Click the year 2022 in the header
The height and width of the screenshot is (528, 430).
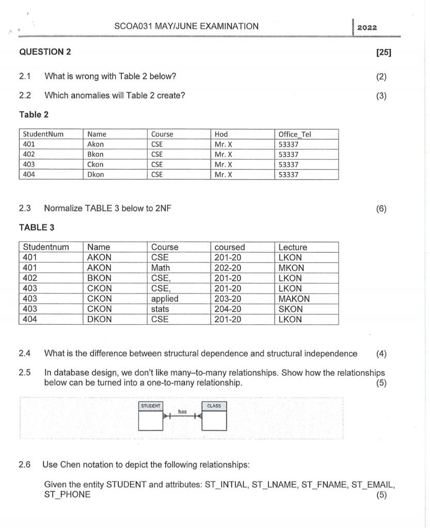click(367, 27)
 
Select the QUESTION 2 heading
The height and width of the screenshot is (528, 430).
click(45, 52)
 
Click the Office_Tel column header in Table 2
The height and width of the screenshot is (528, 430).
click(295, 134)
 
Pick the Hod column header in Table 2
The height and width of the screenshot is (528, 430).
click(221, 134)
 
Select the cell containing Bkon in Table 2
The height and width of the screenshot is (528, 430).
click(95, 154)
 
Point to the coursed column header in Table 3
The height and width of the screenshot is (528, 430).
click(230, 247)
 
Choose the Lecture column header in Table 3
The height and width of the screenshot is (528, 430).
click(292, 247)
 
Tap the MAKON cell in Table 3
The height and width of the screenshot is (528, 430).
click(294, 299)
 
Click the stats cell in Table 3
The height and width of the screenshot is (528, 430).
click(160, 309)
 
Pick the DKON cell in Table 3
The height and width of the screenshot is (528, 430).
click(99, 319)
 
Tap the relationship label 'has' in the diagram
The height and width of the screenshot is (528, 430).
click(182, 411)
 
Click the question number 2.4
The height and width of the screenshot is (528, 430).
click(24, 353)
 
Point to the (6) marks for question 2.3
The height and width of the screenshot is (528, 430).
click(381, 208)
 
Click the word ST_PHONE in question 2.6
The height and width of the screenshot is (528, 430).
click(67, 494)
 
